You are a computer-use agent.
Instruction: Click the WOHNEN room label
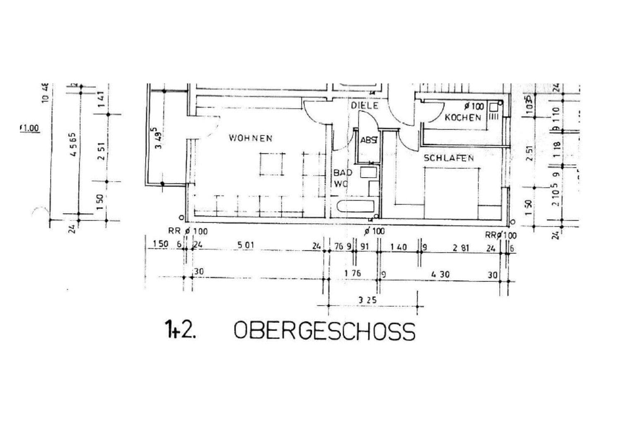click(x=250, y=138)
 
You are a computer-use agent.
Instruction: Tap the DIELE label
click(x=365, y=106)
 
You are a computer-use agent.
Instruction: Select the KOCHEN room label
click(x=463, y=118)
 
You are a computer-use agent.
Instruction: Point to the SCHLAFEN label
click(x=449, y=158)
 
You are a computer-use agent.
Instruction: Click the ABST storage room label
click(x=369, y=140)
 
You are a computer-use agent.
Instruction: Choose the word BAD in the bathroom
click(x=343, y=173)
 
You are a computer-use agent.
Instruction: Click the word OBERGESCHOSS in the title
click(x=324, y=331)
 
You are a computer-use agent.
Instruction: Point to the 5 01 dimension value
click(x=245, y=245)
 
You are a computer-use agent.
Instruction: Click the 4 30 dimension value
click(x=440, y=274)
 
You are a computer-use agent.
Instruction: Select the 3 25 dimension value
click(x=367, y=300)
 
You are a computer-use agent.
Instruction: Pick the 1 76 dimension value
click(x=352, y=273)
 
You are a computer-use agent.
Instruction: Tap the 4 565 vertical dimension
click(x=74, y=144)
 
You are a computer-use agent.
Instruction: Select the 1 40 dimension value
click(x=398, y=248)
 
